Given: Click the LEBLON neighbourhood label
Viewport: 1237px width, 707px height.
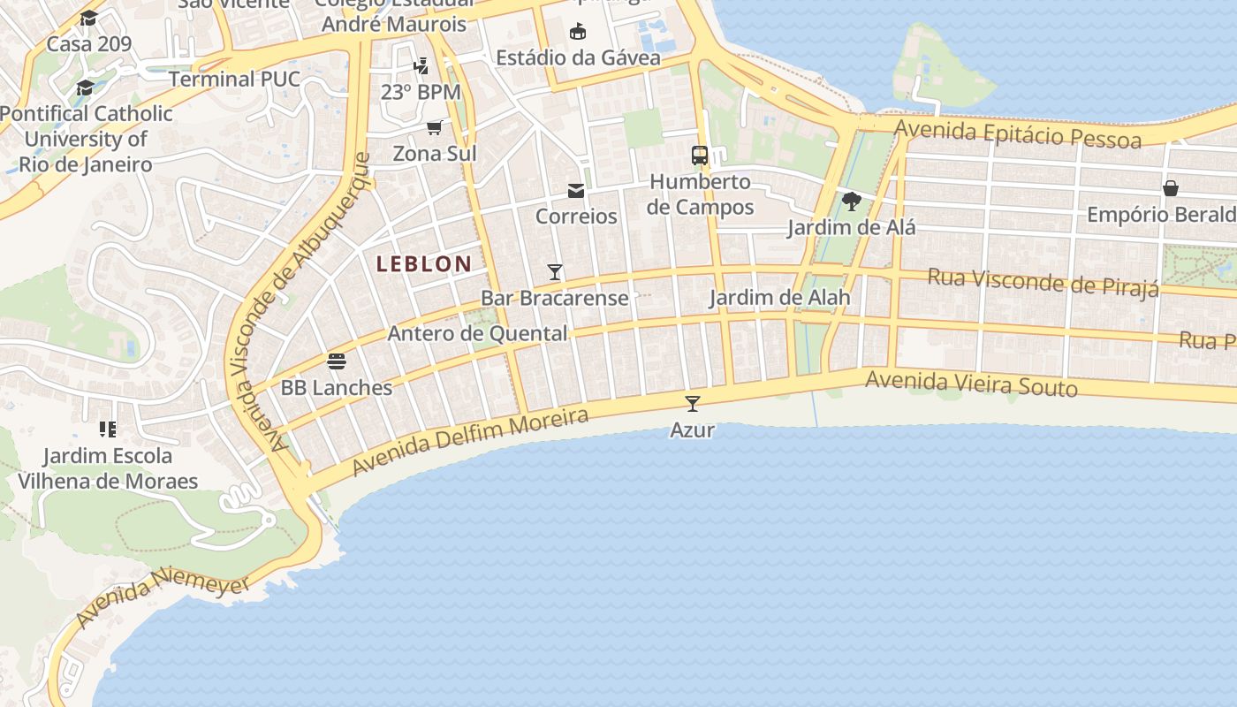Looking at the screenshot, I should point(424,263).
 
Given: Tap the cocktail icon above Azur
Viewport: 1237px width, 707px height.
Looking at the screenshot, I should point(693,404).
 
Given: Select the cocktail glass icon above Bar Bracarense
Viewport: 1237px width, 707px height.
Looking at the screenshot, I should point(555,271).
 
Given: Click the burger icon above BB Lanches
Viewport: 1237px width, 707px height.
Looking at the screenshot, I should point(336,361).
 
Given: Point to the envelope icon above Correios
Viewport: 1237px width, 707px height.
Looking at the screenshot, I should point(576,190).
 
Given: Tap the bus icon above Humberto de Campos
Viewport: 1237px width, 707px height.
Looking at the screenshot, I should point(700,156).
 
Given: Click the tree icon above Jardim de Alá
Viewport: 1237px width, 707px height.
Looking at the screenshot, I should point(851,201).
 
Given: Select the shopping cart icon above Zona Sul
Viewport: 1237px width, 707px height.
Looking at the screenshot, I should point(434,127).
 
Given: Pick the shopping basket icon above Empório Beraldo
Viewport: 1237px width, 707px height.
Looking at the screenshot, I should point(1171,188).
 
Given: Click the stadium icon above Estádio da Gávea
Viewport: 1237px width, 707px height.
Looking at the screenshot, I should point(578,32).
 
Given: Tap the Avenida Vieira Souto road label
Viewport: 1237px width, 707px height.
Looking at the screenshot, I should point(971,384).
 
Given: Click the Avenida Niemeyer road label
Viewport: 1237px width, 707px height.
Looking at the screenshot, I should point(163,597).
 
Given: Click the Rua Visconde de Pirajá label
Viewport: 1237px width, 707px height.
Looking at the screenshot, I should point(1043,282).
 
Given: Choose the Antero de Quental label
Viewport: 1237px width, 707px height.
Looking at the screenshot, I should point(477,333).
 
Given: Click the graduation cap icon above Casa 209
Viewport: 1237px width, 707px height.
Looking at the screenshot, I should point(88,18).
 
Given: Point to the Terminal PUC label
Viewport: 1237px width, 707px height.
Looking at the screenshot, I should point(234,79).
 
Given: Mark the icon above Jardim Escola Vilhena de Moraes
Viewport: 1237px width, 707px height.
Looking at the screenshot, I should point(108,430).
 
